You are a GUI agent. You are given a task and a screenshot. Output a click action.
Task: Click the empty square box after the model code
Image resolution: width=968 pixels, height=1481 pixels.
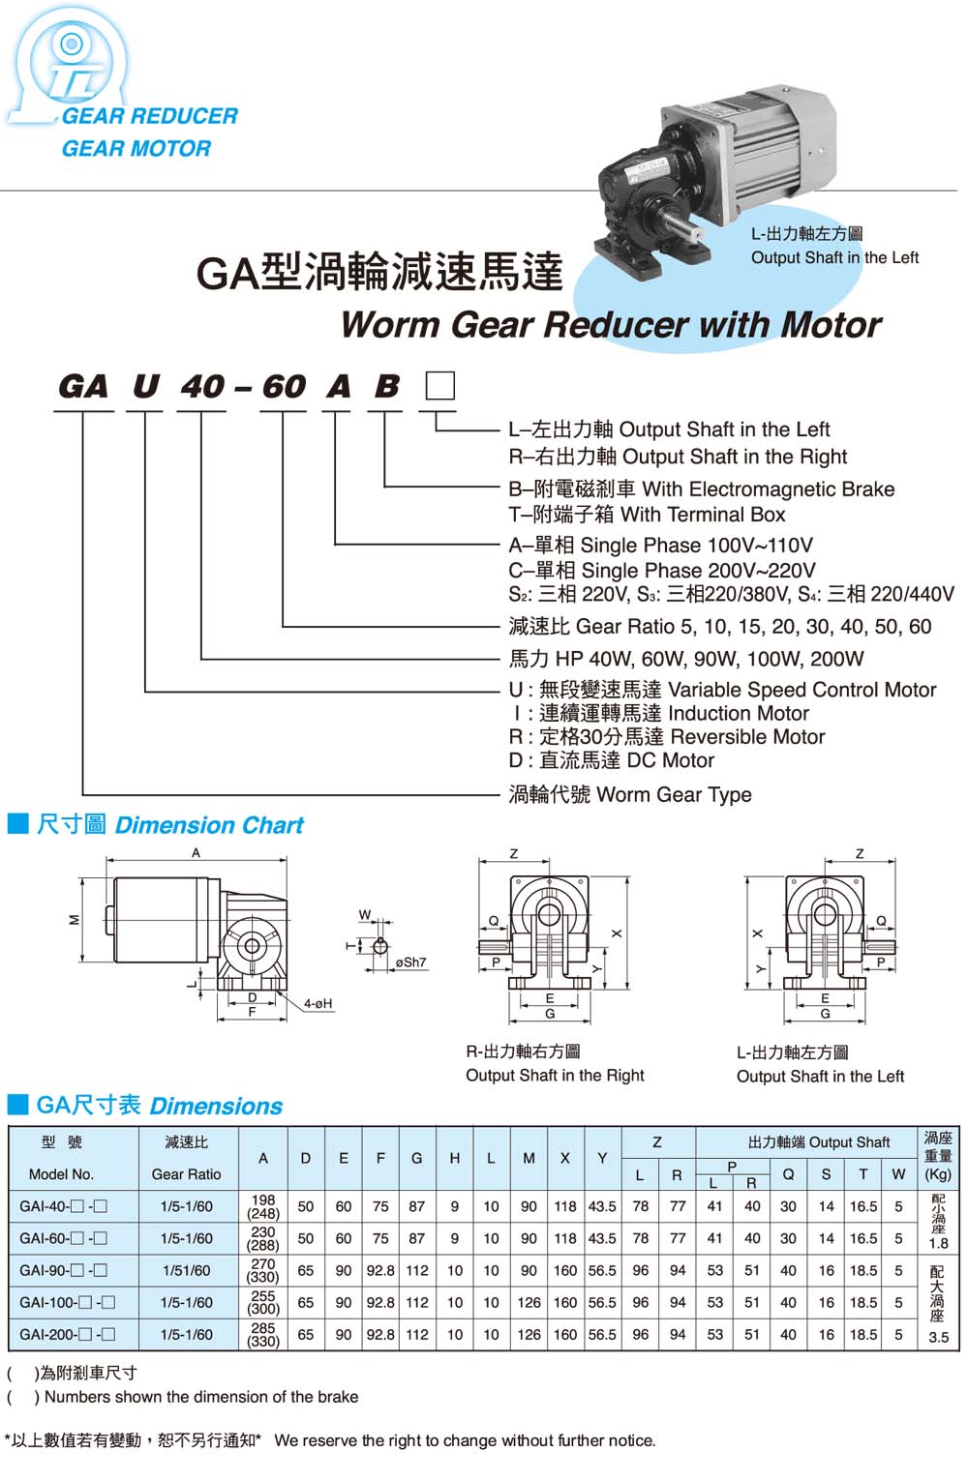coord(440,386)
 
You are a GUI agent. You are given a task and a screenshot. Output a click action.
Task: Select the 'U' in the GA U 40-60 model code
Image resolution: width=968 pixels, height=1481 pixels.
coord(145,387)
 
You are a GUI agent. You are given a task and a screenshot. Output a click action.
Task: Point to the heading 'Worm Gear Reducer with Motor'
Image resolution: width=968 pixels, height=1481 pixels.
coord(611,325)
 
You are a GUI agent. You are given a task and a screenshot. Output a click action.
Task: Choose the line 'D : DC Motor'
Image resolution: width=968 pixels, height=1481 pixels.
coord(612,760)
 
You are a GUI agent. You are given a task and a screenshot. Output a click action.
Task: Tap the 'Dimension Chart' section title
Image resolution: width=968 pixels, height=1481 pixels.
coord(208,825)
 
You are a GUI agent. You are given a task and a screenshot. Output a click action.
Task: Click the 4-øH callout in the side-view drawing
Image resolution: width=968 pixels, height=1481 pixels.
coord(318,1004)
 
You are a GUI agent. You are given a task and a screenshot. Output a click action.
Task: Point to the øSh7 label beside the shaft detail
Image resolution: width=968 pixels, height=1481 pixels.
coord(410,963)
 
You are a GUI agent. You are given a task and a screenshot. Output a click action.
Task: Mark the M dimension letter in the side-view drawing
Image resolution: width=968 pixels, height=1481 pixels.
coord(75,919)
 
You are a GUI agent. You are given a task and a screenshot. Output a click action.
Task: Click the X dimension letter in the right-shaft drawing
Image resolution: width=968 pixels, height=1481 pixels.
coord(617,933)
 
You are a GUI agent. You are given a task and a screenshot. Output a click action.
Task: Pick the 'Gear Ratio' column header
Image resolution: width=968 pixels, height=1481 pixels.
coord(187,1174)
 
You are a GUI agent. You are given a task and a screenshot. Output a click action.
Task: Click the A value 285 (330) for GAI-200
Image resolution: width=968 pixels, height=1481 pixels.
coord(263,1335)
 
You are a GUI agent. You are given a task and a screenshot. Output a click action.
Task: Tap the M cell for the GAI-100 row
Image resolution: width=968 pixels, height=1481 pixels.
coord(529,1302)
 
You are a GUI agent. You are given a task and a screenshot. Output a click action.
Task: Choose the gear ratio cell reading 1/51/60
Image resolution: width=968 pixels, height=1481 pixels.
coord(187,1270)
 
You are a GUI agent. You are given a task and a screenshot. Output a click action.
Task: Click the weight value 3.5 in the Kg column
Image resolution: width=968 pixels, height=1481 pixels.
coord(938,1338)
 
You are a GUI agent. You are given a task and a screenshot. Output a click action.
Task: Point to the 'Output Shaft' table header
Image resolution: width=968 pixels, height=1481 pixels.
coord(818,1141)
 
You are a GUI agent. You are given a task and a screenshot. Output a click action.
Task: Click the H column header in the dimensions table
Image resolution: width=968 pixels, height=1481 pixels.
coord(454,1158)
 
